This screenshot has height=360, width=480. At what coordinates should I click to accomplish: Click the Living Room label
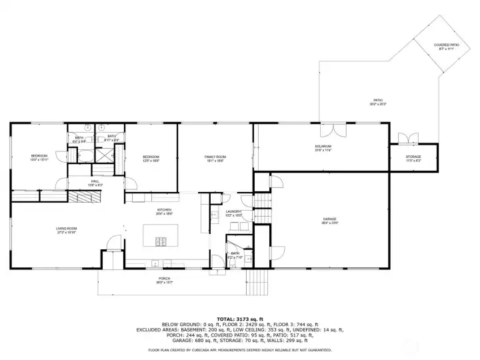[66, 228]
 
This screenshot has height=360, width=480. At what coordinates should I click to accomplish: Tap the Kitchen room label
[164, 209]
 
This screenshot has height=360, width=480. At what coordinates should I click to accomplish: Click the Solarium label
[323, 146]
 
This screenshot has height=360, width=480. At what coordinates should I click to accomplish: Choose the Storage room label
[413, 157]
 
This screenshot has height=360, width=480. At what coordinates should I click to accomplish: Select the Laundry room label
[233, 211]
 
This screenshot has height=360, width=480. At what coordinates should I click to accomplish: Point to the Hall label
[94, 181]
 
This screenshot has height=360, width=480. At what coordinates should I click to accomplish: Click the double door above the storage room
[404, 138]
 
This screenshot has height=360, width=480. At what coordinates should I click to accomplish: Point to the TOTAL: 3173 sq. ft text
[240, 319]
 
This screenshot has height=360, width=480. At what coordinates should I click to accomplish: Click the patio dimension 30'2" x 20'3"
[378, 105]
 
